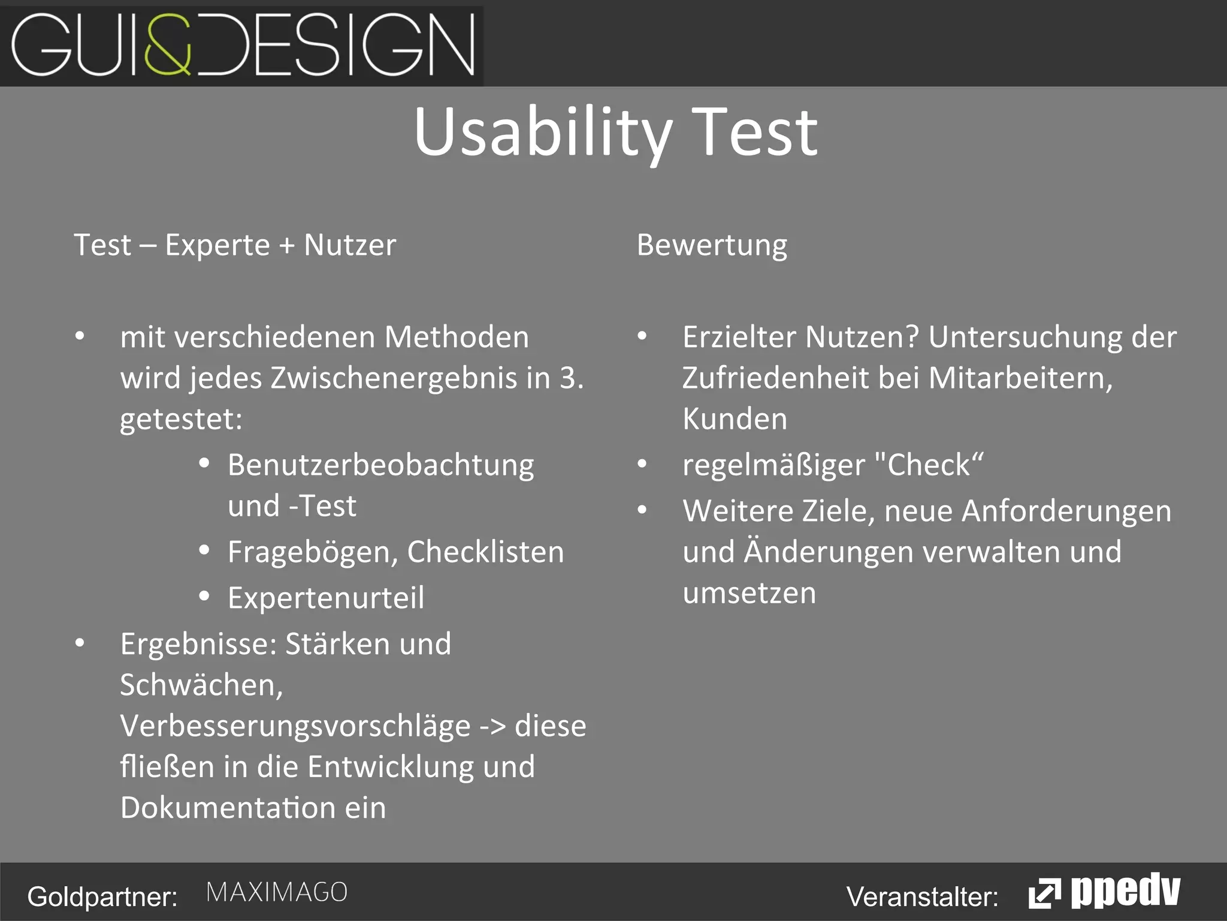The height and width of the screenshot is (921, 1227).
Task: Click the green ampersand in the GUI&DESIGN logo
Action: (x=168, y=45)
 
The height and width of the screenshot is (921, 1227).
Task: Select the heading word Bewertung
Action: (x=712, y=245)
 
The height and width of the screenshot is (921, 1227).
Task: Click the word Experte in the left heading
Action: (x=217, y=245)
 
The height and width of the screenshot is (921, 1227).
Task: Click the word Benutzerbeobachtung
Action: (x=380, y=465)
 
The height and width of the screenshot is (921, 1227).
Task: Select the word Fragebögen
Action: (x=312, y=552)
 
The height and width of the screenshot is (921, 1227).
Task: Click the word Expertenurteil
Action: (x=326, y=598)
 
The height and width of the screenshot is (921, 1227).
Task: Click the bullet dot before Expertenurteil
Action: (x=204, y=596)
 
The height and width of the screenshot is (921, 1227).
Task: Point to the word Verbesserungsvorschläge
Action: (x=295, y=726)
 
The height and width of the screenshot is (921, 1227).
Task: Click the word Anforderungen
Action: (x=1066, y=511)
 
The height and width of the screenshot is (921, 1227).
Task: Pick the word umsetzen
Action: (x=749, y=593)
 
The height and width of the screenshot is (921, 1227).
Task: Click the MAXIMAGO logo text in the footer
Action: (x=277, y=892)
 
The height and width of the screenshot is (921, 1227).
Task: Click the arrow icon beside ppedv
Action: (x=1044, y=894)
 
